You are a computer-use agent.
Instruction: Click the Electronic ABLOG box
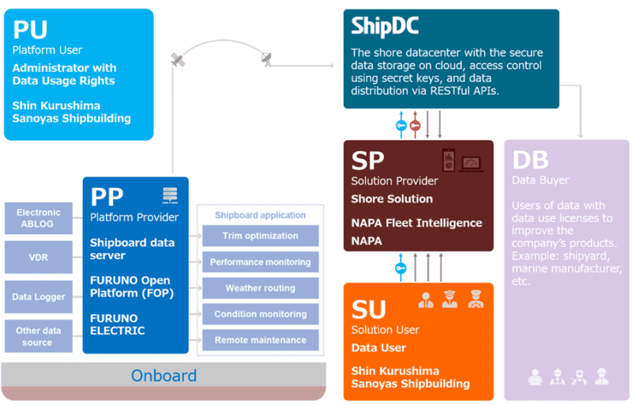click(38, 218)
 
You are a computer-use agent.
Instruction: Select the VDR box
click(38, 257)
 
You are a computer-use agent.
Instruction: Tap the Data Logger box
click(38, 297)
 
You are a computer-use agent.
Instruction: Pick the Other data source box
click(38, 336)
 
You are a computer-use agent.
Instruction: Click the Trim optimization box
click(261, 236)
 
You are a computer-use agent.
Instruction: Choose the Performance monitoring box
click(261, 262)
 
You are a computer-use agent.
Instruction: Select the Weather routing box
click(261, 288)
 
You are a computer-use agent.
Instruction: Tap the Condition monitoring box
click(261, 314)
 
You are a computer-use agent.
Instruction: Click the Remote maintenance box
click(261, 340)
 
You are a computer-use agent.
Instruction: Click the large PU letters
click(30, 30)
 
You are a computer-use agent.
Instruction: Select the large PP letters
click(107, 197)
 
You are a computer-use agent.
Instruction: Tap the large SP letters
click(367, 161)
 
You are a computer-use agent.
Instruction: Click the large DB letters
click(531, 161)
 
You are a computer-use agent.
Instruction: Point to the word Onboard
click(164, 376)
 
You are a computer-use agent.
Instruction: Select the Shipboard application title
click(261, 215)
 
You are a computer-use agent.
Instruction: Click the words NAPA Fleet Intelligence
click(416, 223)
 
